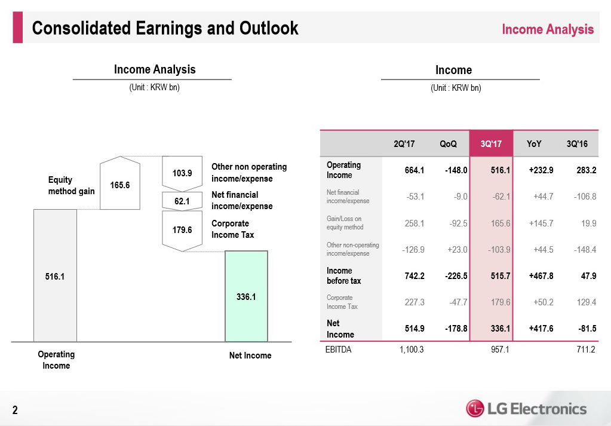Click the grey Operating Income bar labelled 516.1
click(55, 275)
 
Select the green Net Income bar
click(246, 296)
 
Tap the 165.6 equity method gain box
click(120, 184)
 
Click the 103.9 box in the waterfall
click(182, 173)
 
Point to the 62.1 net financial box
click(182, 201)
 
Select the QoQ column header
click(448, 143)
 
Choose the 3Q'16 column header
click(576, 143)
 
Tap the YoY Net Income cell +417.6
click(541, 329)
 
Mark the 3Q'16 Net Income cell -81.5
click(584, 329)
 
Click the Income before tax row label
click(343, 275)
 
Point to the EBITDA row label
click(339, 350)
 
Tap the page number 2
click(16, 410)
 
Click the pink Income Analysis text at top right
click(548, 29)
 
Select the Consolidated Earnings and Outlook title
click(165, 28)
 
